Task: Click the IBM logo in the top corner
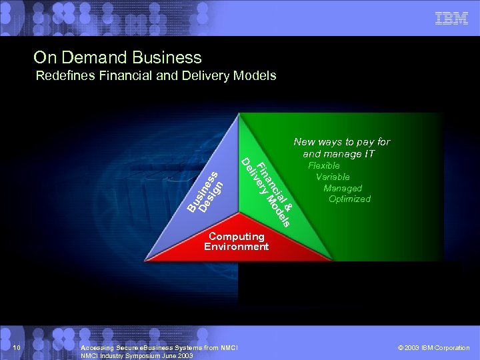pos(451,19)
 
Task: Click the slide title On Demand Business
pos(117,57)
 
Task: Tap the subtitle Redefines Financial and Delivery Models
pos(156,75)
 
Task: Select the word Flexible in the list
pos(324,165)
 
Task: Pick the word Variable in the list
pos(333,177)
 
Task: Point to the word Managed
pos(343,188)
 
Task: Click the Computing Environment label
pos(236,241)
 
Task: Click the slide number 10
pos(18,348)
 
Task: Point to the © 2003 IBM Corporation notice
pos(433,348)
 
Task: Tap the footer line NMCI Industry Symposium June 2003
pos(136,356)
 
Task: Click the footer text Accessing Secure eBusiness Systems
pos(159,348)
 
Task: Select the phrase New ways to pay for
pos(341,141)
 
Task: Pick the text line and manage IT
pos(339,154)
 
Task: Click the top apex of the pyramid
pos(238,115)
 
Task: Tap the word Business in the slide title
pos(167,57)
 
